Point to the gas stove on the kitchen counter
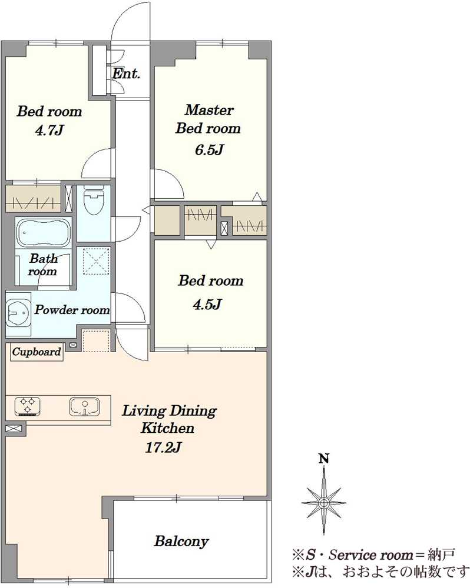click(x=28, y=406)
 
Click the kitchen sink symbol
click(x=85, y=407)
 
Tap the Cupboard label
click(x=37, y=352)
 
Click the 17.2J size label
click(x=163, y=447)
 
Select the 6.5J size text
click(x=209, y=149)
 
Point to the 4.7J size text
click(x=49, y=131)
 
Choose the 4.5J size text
click(x=207, y=304)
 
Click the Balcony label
click(x=181, y=541)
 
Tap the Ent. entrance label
click(x=126, y=73)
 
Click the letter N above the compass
click(x=324, y=459)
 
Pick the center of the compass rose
click(x=324, y=503)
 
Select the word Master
click(x=209, y=110)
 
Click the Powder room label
click(x=72, y=310)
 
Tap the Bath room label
click(x=43, y=265)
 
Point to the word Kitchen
click(x=167, y=428)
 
